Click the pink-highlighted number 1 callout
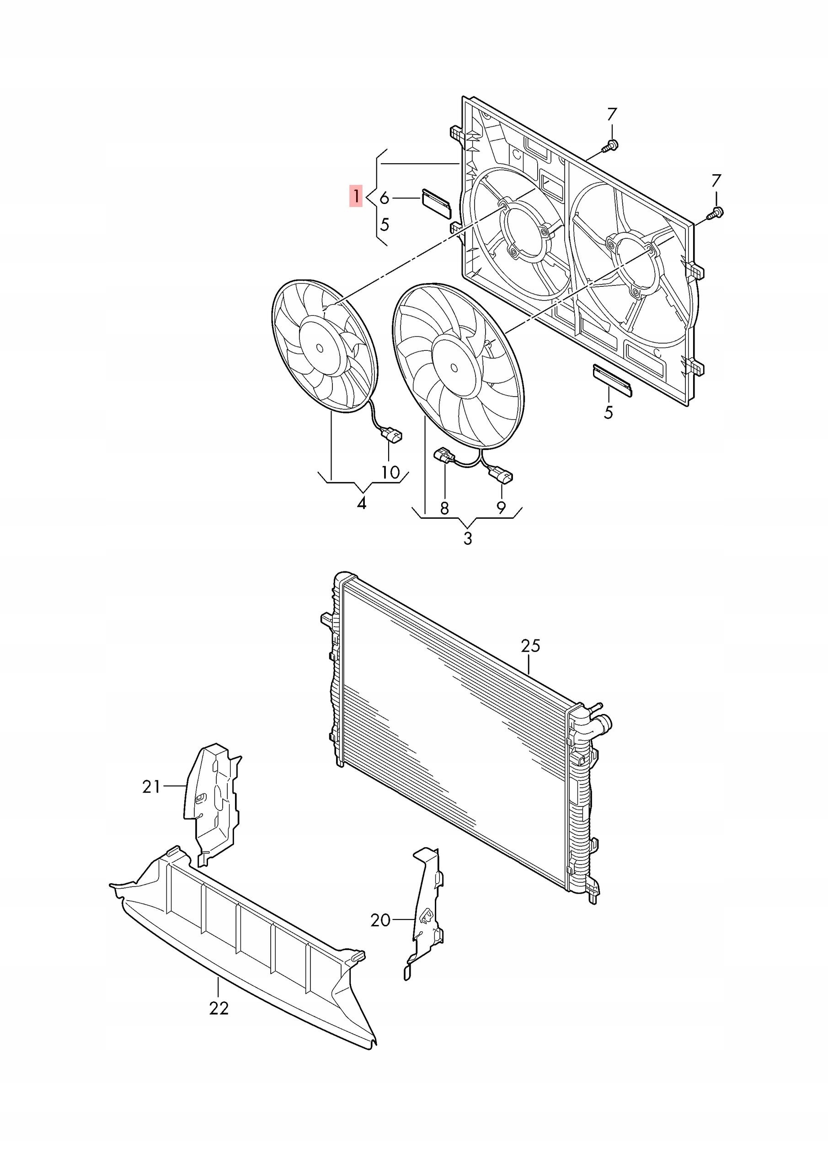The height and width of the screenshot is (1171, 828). click(x=356, y=196)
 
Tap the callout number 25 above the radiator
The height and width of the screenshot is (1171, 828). click(x=530, y=646)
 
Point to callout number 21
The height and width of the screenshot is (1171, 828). click(x=151, y=787)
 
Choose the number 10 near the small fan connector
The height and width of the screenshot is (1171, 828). click(x=390, y=472)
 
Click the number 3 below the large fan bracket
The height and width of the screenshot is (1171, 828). click(x=468, y=538)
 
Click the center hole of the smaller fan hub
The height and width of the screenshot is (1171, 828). click(x=320, y=348)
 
